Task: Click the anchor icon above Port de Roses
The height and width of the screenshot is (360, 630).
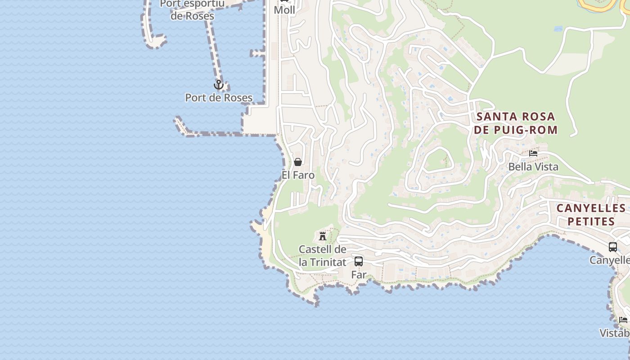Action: click(218, 85)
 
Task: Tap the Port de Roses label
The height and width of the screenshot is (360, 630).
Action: click(219, 98)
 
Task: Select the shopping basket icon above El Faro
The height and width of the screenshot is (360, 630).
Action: click(298, 162)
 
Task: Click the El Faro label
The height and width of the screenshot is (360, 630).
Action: click(298, 175)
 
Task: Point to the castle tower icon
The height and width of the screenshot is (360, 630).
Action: click(323, 235)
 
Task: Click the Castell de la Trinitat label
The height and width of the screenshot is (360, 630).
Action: click(323, 256)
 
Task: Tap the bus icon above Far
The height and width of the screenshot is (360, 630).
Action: click(359, 261)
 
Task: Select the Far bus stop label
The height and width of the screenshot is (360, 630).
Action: click(359, 274)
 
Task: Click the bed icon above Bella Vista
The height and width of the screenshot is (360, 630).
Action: click(533, 153)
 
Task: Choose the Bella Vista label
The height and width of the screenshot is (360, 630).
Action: click(533, 167)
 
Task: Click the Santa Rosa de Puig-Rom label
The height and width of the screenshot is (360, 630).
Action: click(516, 123)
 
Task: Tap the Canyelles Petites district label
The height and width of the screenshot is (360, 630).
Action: click(591, 215)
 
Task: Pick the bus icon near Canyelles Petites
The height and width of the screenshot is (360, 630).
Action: click(613, 247)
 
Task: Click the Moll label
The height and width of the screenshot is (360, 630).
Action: click(284, 10)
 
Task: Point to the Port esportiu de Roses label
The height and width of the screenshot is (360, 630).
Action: click(192, 9)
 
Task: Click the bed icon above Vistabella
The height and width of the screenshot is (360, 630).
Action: click(623, 320)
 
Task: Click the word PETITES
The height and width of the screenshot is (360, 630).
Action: click(591, 221)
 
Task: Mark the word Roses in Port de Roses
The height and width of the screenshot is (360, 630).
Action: click(238, 98)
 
